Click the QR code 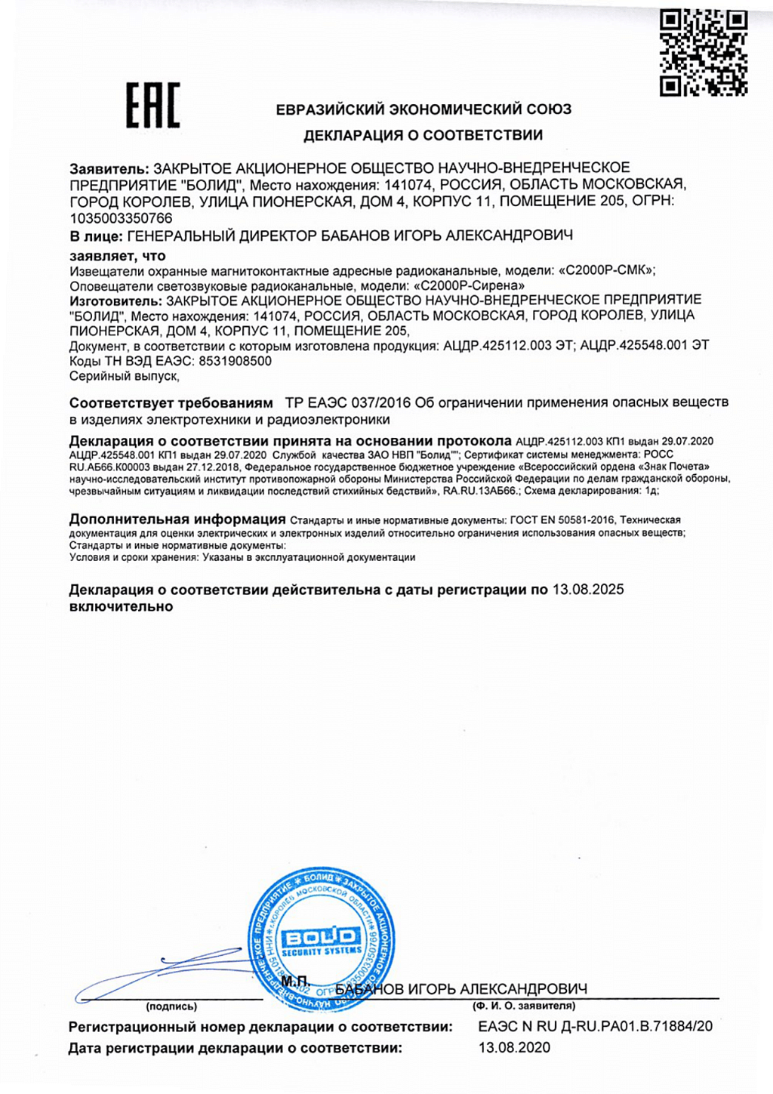click(704, 53)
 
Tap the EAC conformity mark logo click(152, 105)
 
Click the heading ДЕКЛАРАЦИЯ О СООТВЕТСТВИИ click(423, 136)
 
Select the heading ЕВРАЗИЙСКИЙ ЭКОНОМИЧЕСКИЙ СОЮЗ click(423, 109)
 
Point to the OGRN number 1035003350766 click(121, 218)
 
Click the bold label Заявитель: click(109, 168)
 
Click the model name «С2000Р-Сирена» click(470, 285)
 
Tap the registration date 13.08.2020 click(514, 1047)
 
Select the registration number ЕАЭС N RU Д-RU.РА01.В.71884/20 click(595, 1026)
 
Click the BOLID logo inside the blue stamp click(322, 938)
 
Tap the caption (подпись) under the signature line click(171, 1006)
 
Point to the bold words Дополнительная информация click(177, 519)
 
